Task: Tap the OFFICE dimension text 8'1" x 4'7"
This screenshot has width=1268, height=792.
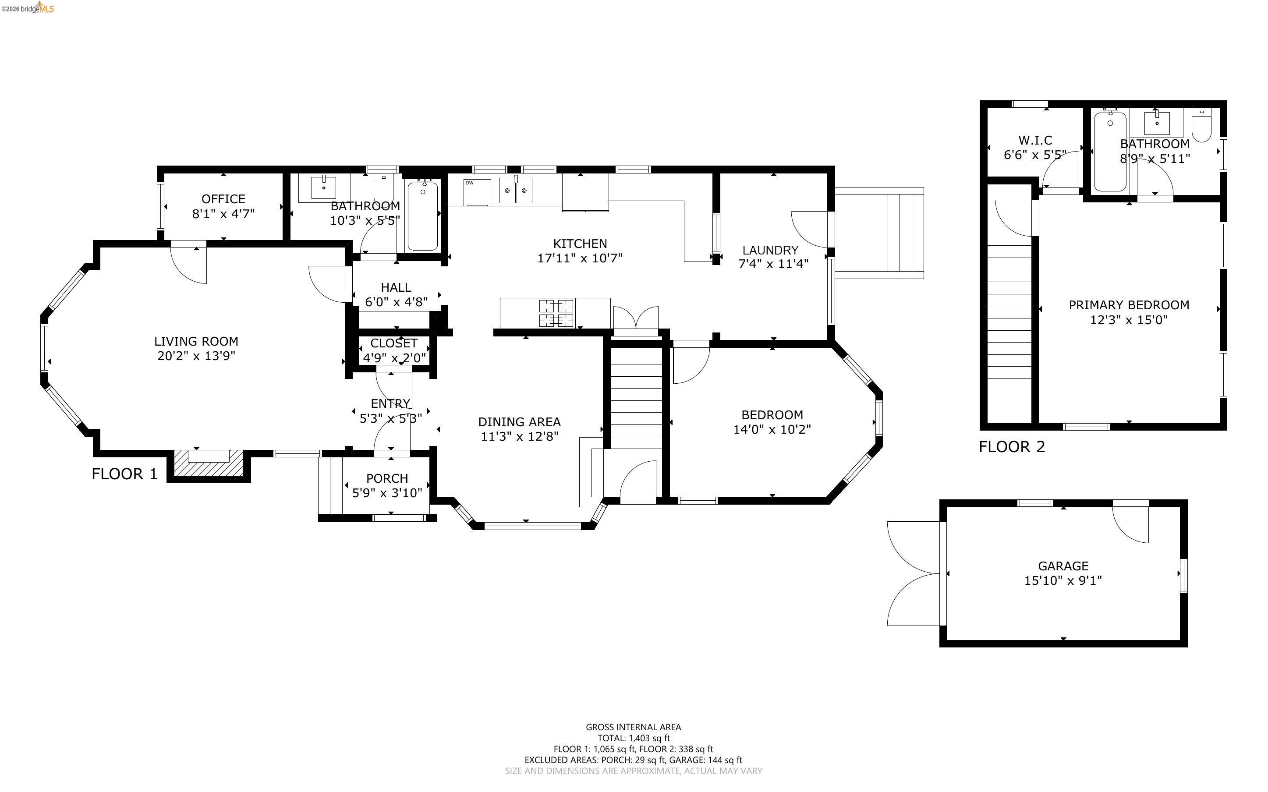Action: pos(223,214)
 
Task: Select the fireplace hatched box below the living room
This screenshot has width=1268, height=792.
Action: pos(209,463)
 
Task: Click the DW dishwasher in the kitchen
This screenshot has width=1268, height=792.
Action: pos(477,192)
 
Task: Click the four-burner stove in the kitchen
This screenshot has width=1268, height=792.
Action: pos(556,313)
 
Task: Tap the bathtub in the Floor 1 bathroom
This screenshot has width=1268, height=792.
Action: pos(422,215)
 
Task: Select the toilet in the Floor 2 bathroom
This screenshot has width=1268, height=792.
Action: pos(1201,125)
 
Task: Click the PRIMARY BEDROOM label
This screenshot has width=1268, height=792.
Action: pos(1129,305)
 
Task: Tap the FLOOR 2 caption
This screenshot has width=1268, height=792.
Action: pos(1012,447)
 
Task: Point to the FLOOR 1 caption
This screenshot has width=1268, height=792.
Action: pos(124,474)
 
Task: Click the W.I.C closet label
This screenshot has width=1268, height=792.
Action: pos(1035,140)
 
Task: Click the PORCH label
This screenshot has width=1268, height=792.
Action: pos(387,478)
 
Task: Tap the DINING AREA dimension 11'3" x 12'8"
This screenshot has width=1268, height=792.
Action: pos(520,436)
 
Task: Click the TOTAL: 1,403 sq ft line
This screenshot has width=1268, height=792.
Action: pos(633,738)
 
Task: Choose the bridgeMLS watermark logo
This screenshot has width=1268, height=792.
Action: pos(27,7)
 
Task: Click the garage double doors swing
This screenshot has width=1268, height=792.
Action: pos(914,573)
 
